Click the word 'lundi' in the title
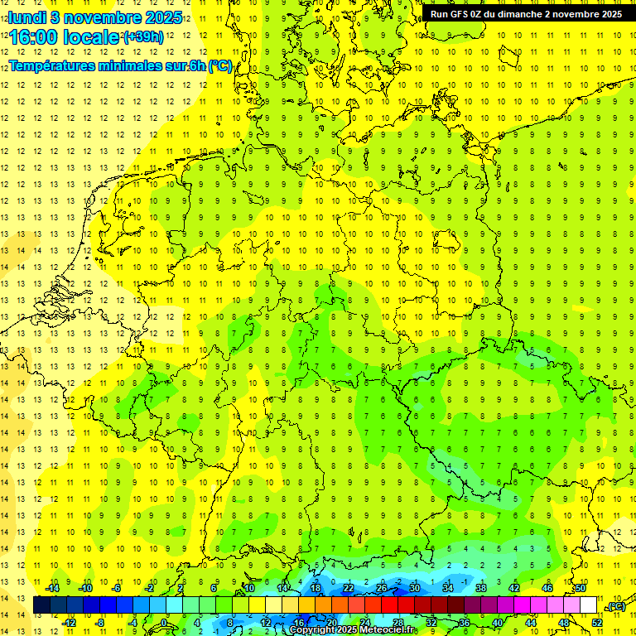[x=26, y=17]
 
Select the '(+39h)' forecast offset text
[x=142, y=37]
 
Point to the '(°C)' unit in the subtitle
[x=219, y=66]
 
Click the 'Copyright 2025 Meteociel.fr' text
[x=351, y=630]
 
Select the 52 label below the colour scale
[x=597, y=623]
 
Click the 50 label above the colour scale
[x=581, y=587]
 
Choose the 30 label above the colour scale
[x=415, y=587]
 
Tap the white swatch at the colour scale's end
[x=589, y=605]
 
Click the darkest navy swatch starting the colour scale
[x=41, y=605]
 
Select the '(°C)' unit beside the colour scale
[x=615, y=606]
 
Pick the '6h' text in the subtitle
[x=197, y=66]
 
